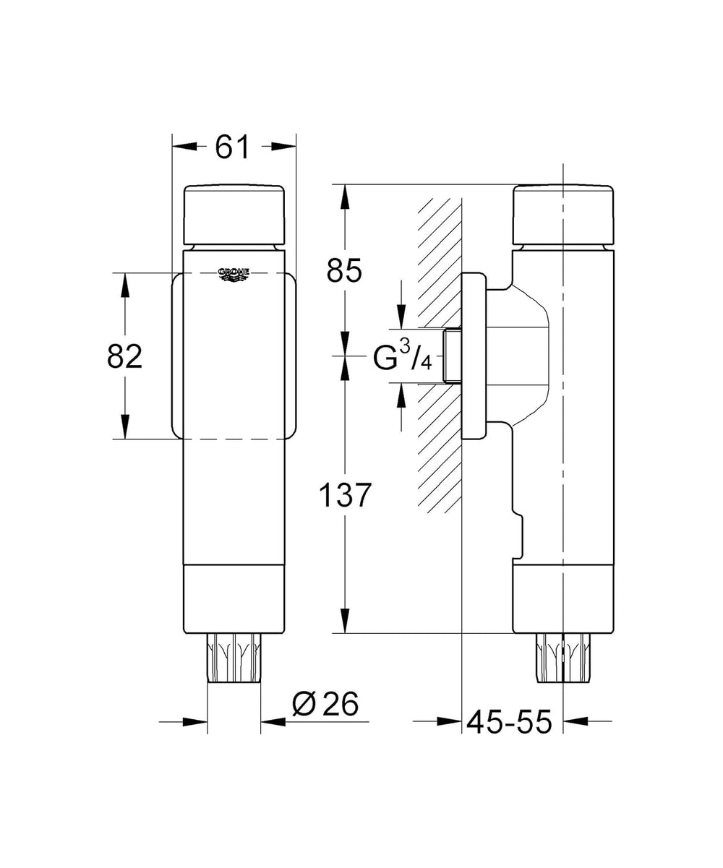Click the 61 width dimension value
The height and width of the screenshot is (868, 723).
point(232,146)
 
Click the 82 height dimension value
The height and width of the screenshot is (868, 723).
point(125,356)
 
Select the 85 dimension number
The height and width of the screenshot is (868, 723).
point(344,270)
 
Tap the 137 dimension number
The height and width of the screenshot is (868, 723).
point(344,495)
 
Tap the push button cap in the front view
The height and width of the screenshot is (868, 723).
point(234,215)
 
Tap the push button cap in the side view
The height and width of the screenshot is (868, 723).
point(562,215)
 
